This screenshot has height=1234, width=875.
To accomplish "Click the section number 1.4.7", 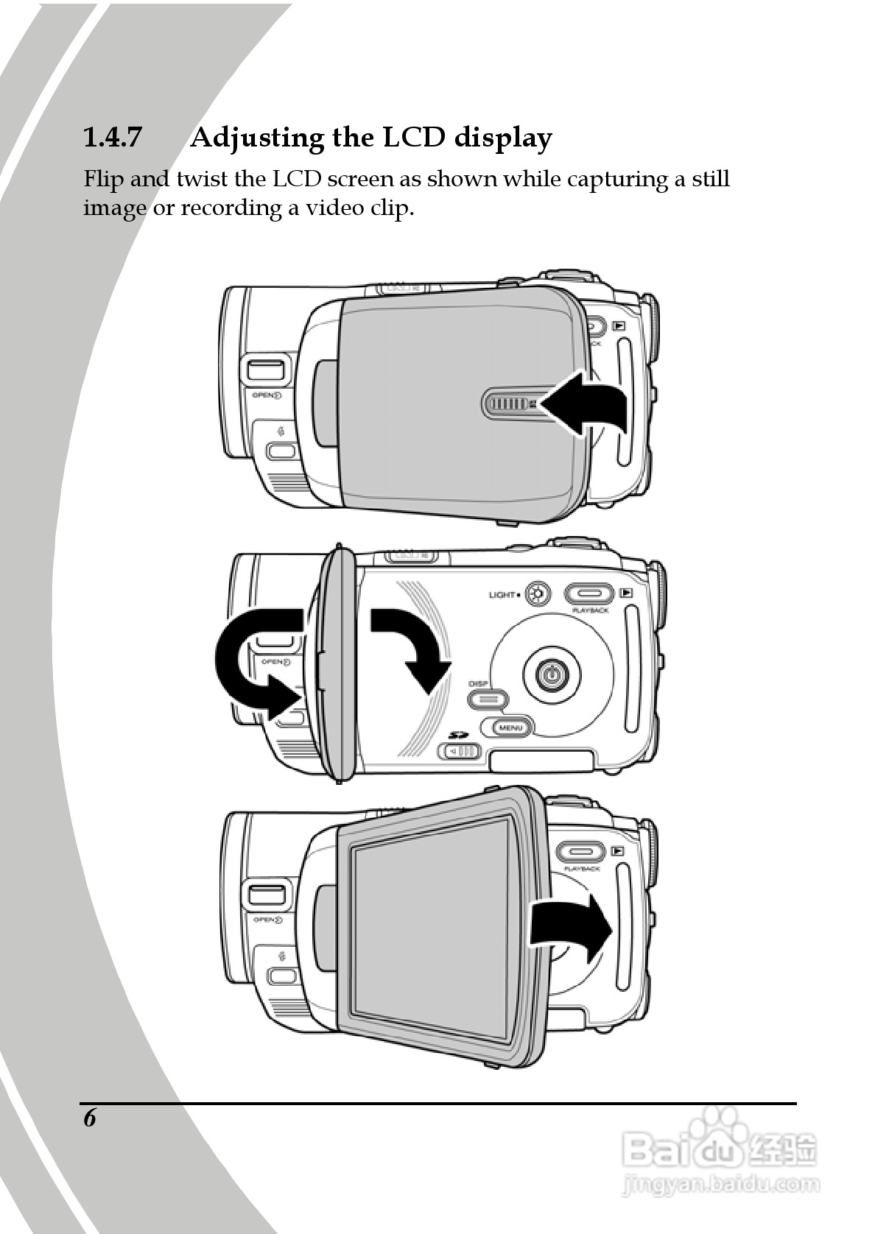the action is pyautogui.click(x=111, y=138).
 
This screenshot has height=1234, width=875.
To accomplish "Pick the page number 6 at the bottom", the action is pyautogui.click(x=90, y=1118).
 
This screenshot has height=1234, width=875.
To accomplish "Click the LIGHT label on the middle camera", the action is pyautogui.click(x=502, y=594).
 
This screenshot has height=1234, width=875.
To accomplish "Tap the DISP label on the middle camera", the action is pyautogui.click(x=478, y=683).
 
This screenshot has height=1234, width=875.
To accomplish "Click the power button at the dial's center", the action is pyautogui.click(x=551, y=672).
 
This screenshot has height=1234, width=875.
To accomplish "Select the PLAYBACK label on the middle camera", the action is pyautogui.click(x=590, y=610).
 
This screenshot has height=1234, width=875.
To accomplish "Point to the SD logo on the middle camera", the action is pyautogui.click(x=459, y=734).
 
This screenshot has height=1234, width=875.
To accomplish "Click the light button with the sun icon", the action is pyautogui.click(x=539, y=594).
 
